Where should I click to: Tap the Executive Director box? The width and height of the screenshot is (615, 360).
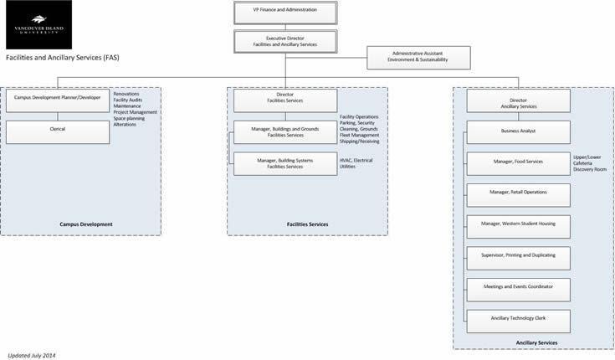pos(284,39)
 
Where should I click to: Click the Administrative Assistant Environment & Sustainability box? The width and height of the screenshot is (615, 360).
pos(419,58)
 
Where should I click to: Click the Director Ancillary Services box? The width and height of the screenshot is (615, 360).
pos(518,101)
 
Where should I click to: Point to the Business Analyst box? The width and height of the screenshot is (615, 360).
pos(518,132)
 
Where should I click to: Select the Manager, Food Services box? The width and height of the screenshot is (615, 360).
pos(518,163)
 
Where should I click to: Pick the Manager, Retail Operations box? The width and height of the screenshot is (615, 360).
pos(518,194)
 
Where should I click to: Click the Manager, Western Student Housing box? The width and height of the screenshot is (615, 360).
pos(518,226)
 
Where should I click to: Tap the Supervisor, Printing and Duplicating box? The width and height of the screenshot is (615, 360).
pos(518,257)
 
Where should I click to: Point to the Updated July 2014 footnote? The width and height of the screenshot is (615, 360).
pos(31,355)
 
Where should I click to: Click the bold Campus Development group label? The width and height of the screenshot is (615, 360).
pos(86,224)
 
